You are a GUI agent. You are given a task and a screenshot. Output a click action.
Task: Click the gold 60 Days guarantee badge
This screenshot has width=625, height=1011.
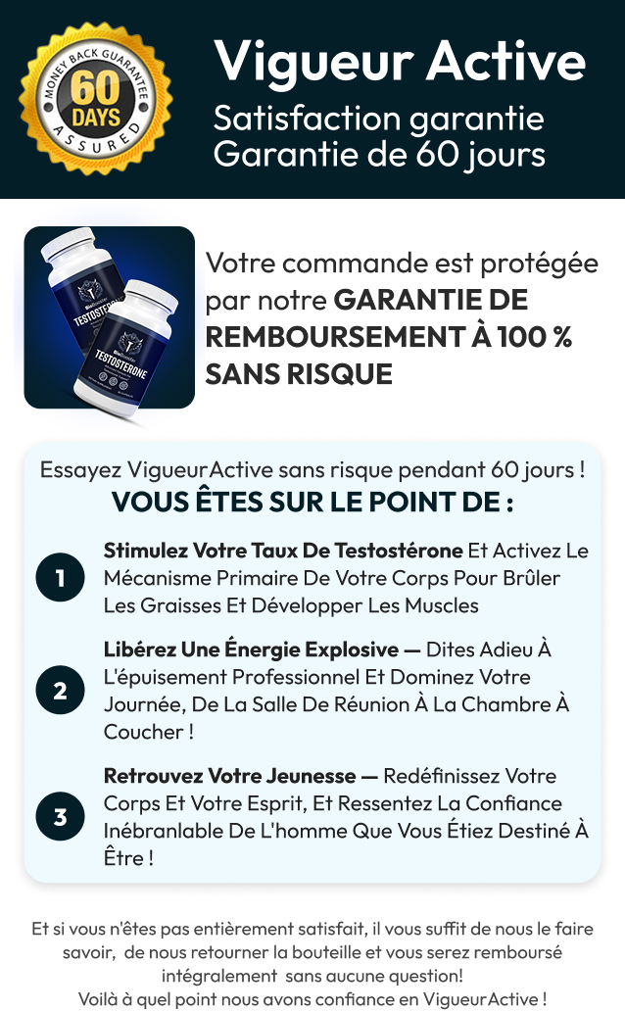coord(95,99)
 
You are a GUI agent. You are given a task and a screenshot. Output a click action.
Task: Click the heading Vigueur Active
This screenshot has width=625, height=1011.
coord(400,61)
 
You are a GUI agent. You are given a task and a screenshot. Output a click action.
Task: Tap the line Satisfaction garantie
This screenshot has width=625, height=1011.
coord(378,120)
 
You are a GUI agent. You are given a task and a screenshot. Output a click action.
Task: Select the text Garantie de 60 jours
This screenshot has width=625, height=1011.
coord(379,154)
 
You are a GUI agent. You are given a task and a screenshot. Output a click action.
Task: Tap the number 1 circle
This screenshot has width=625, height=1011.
coord(60,578)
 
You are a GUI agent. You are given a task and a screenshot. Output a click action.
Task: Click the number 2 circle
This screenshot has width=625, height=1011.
coord(60,691)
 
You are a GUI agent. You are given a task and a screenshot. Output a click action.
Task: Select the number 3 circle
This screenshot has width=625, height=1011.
coord(60,817)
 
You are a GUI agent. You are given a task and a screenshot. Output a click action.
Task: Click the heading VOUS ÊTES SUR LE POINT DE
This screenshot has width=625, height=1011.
coord(312,502)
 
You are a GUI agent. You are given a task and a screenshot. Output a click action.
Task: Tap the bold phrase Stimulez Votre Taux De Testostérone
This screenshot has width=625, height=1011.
coord(283,550)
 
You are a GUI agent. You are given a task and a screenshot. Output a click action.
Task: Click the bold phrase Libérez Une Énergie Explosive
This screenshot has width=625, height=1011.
coord(251,650)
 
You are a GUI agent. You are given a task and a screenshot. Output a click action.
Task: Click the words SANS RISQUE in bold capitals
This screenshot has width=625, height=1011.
coord(299,373)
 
